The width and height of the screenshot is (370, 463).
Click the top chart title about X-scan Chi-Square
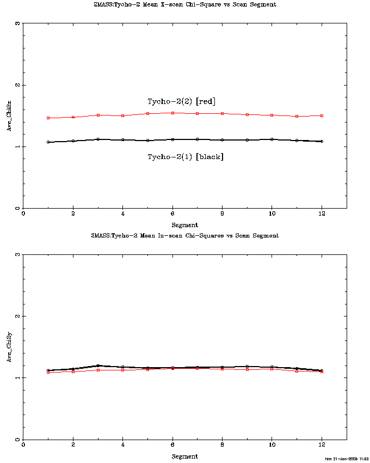coord(184,4)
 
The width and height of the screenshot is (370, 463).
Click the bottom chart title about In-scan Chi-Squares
coord(184,235)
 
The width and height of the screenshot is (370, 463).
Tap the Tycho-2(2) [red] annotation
coord(181,101)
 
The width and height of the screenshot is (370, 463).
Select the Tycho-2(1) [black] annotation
coord(186,157)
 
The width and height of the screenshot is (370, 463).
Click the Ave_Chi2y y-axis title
coord(9,348)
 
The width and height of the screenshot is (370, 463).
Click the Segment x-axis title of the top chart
coord(184,225)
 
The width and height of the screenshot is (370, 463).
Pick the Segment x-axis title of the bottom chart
coord(184,456)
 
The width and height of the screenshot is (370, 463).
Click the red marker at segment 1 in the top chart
coord(48,118)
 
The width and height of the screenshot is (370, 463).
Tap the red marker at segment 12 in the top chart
coord(322,115)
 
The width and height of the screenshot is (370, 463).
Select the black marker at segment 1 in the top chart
coord(48,142)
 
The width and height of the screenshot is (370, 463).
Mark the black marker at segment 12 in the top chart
coord(322,141)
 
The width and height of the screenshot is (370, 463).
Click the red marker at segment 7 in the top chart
coord(197,113)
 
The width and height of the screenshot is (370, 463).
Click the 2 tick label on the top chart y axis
coord(17,85)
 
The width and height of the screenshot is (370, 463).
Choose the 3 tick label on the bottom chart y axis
coord(17,255)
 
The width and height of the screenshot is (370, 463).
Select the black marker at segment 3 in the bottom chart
coord(98,365)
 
